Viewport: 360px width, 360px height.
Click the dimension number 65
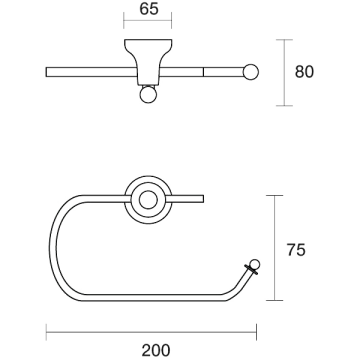coord(149,9)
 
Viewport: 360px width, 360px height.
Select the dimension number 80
coord(304,72)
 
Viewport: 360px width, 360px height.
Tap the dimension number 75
coord(296,250)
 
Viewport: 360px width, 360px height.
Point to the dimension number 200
coord(156,350)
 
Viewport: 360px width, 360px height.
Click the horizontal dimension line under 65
coord(147,20)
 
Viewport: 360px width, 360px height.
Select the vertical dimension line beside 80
coord(284,73)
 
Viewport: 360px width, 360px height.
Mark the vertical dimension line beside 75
coord(274,248)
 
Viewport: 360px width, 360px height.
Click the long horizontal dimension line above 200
coord(151,332)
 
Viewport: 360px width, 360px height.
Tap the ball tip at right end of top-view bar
coord(251,72)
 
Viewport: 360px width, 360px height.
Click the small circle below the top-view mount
coord(148,95)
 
